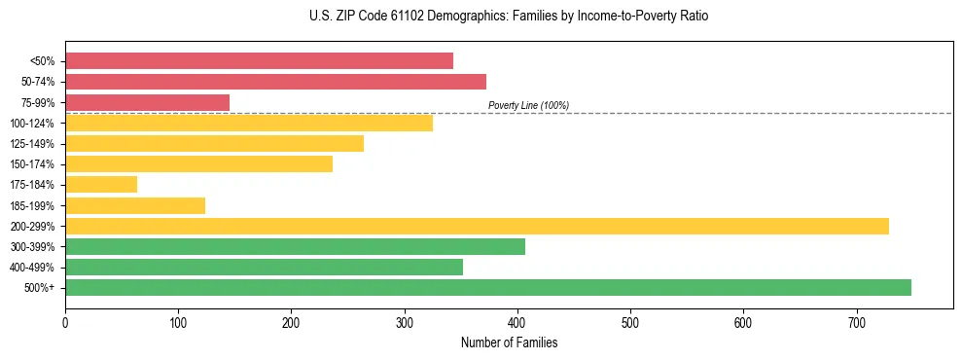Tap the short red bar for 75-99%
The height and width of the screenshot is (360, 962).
[147, 102]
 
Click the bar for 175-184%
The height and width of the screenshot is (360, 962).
[101, 185]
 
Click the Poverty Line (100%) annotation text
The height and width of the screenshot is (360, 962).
[528, 105]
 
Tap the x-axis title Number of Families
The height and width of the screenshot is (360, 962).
[509, 342]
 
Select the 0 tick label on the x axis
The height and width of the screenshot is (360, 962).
[65, 322]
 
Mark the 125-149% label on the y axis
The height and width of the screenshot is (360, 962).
[32, 144]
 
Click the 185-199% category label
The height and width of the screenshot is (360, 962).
[32, 206]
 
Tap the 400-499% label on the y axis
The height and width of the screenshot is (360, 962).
[32, 268]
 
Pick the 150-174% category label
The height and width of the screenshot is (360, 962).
[32, 164]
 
